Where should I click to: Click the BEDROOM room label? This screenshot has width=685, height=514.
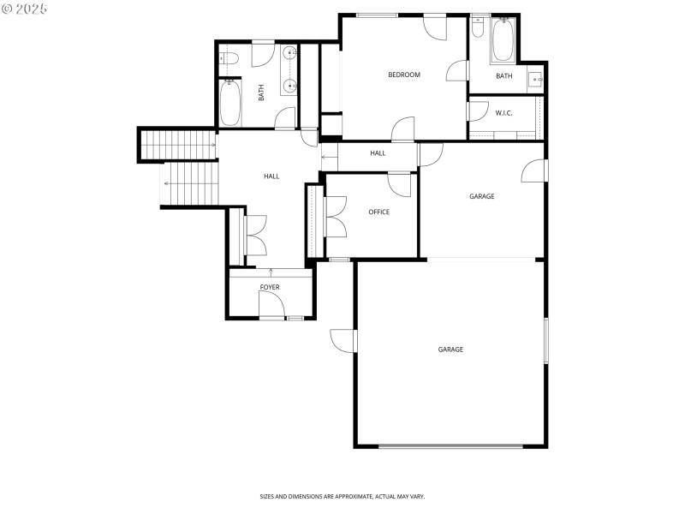(x=404, y=75)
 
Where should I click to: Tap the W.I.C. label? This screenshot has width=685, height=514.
(x=503, y=113)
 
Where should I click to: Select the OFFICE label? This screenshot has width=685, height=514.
(x=379, y=212)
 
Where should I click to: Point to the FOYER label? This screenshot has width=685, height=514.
(x=270, y=287)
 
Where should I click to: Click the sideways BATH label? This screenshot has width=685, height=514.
(x=262, y=93)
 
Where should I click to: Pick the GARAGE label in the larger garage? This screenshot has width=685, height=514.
(x=450, y=350)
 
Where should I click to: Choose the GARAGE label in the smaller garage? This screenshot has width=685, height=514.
(x=482, y=196)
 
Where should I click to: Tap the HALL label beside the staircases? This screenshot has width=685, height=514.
(x=271, y=176)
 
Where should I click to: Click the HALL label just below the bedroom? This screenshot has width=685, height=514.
(x=378, y=153)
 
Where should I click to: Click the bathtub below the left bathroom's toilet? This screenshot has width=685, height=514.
(x=230, y=104)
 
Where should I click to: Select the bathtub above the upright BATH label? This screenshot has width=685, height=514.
(x=503, y=40)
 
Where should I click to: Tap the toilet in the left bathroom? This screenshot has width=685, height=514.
(x=227, y=59)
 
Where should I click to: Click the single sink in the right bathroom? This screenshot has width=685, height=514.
(x=537, y=80)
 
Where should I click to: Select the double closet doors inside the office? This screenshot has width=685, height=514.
(x=335, y=216)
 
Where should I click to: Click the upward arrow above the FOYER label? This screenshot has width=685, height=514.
(x=271, y=272)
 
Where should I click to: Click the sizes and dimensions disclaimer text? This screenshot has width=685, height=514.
(x=342, y=496)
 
